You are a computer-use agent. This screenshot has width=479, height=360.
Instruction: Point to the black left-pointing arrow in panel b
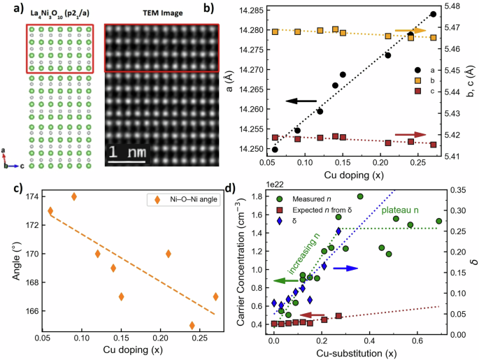301,101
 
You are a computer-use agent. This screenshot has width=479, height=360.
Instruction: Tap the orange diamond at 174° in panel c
74,196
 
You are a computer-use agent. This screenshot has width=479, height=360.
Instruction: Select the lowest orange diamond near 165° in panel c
192,326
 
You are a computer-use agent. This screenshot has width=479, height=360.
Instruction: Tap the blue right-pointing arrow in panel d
347,268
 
